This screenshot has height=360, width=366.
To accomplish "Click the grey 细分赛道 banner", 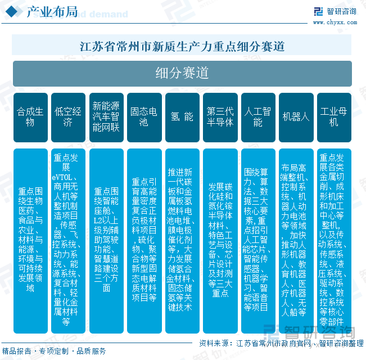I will click(x=182, y=73).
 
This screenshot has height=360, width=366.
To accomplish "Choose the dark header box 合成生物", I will click(x=30, y=116).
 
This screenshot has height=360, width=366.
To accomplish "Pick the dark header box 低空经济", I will click(x=68, y=116).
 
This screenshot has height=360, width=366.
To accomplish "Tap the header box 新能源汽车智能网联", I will click(x=106, y=116).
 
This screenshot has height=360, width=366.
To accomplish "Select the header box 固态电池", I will click(x=144, y=116).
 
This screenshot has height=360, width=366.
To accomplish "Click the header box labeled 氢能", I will click(x=182, y=116).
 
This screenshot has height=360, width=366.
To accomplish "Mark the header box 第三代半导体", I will click(x=220, y=116).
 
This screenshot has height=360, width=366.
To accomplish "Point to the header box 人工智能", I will click(x=258, y=116).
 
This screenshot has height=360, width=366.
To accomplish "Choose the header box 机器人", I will click(x=296, y=116).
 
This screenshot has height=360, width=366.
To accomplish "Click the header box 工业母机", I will click(x=334, y=116).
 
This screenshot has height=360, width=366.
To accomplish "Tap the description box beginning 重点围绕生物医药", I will click(x=30, y=239).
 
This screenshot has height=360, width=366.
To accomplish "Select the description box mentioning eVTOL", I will click(x=68, y=239).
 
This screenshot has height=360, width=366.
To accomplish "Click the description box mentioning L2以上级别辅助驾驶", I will click(x=106, y=239).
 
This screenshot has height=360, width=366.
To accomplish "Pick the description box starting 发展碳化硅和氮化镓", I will click(x=220, y=239).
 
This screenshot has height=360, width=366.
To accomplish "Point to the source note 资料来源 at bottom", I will click(x=281, y=343).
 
